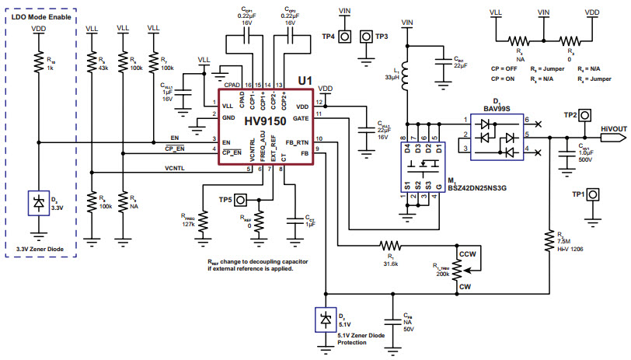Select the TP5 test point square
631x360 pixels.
point(241,199)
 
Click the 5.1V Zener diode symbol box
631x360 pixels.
point(323,320)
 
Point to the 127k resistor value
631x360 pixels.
point(188,225)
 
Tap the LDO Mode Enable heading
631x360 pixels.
point(40,16)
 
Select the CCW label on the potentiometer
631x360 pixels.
point(467,254)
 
